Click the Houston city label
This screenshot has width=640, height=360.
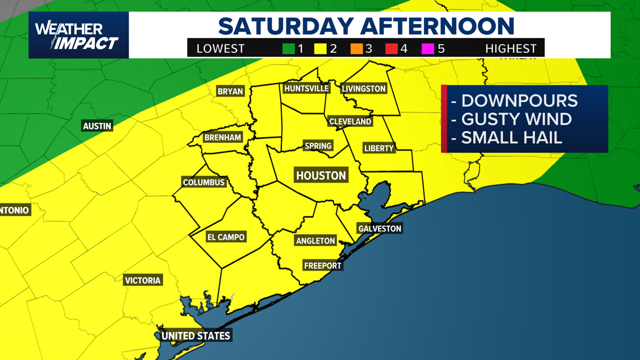(x=321, y=176)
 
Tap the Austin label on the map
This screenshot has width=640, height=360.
(x=97, y=126)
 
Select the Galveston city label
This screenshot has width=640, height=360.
(x=380, y=229)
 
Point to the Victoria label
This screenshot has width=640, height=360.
(x=143, y=280)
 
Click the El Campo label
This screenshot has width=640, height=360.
(x=226, y=237)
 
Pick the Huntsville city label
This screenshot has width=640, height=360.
(x=306, y=89)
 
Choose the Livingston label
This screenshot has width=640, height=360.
(x=364, y=89)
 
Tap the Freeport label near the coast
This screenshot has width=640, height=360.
(x=322, y=266)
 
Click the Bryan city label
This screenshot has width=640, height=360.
(x=230, y=91)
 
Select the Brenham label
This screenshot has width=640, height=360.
(x=223, y=138)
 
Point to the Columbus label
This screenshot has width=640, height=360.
(x=204, y=183)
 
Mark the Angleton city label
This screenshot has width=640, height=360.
(x=316, y=241)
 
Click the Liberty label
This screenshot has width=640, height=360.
(x=379, y=148)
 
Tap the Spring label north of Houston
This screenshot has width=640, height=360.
(x=318, y=146)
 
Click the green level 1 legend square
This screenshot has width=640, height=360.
(x=289, y=49)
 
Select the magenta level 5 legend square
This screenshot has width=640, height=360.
(x=428, y=49)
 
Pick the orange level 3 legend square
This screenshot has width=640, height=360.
(x=356, y=49)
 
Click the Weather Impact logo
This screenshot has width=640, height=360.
(x=78, y=35)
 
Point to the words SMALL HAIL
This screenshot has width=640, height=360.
(x=511, y=138)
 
